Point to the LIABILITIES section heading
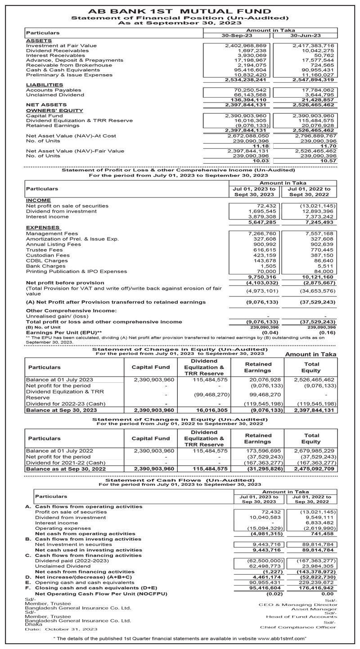[45, 85]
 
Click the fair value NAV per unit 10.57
[328, 161]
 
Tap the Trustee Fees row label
[45, 250]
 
